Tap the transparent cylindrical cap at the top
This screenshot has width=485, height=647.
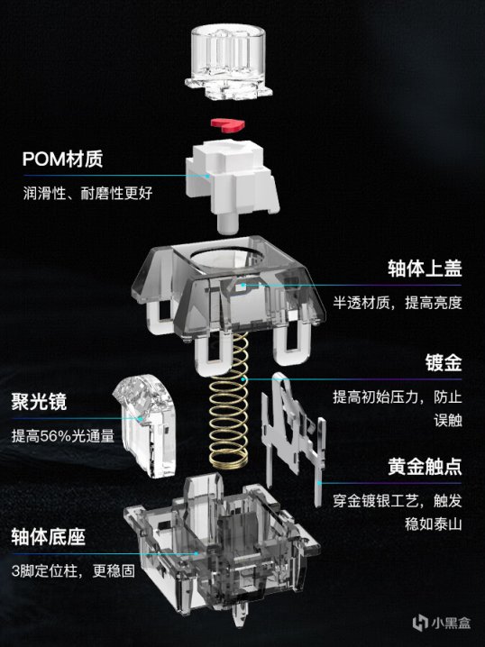228,62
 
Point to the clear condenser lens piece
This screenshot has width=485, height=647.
144,426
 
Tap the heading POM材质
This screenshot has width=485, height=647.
63,159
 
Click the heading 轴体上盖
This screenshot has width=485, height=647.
425,269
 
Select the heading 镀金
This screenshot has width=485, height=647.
444,363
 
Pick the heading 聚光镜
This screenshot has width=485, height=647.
39,402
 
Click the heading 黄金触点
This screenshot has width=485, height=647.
425,467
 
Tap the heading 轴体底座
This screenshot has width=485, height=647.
49,537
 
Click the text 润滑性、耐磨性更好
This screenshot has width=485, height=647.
88,193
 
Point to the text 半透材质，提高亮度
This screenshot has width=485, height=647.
398,303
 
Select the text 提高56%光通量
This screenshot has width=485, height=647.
63,436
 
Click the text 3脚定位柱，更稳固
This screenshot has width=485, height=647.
73,571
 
